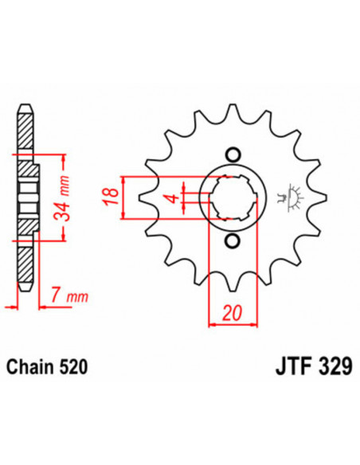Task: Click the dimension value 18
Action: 113,194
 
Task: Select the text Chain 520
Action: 48,367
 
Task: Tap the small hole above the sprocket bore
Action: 232,154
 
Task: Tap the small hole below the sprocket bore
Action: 232,241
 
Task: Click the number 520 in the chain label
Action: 73,367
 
